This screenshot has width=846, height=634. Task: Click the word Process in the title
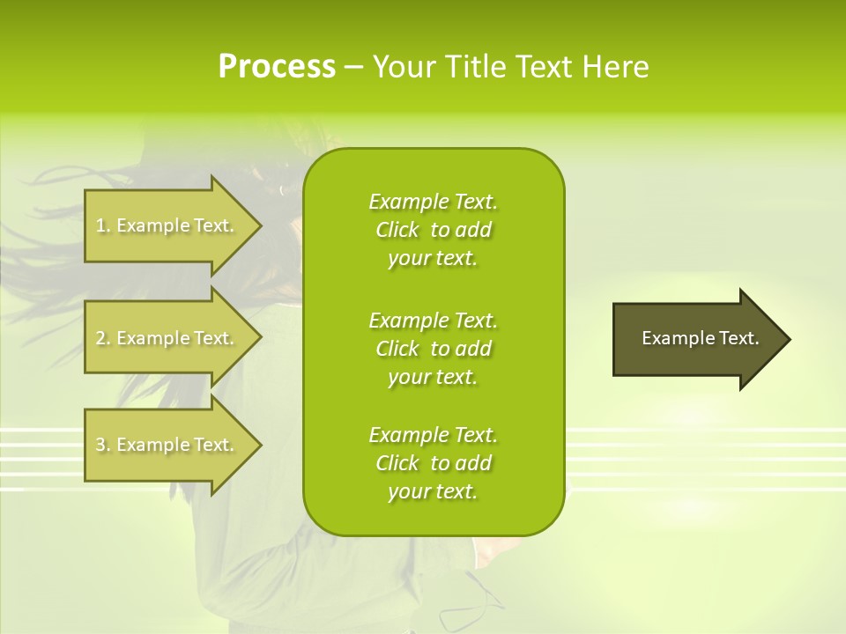[277, 67]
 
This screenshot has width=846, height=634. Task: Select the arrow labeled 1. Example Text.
[167, 225]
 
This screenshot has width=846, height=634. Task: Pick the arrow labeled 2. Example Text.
[167, 338]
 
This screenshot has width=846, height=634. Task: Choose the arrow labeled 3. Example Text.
[167, 445]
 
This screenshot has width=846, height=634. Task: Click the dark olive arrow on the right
[696, 339]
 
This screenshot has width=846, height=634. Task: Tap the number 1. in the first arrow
[103, 226]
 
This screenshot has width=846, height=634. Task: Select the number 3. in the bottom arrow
[103, 446]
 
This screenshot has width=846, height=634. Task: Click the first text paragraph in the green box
[433, 230]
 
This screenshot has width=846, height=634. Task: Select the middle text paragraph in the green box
[433, 349]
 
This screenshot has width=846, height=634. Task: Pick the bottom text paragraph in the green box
[433, 463]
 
